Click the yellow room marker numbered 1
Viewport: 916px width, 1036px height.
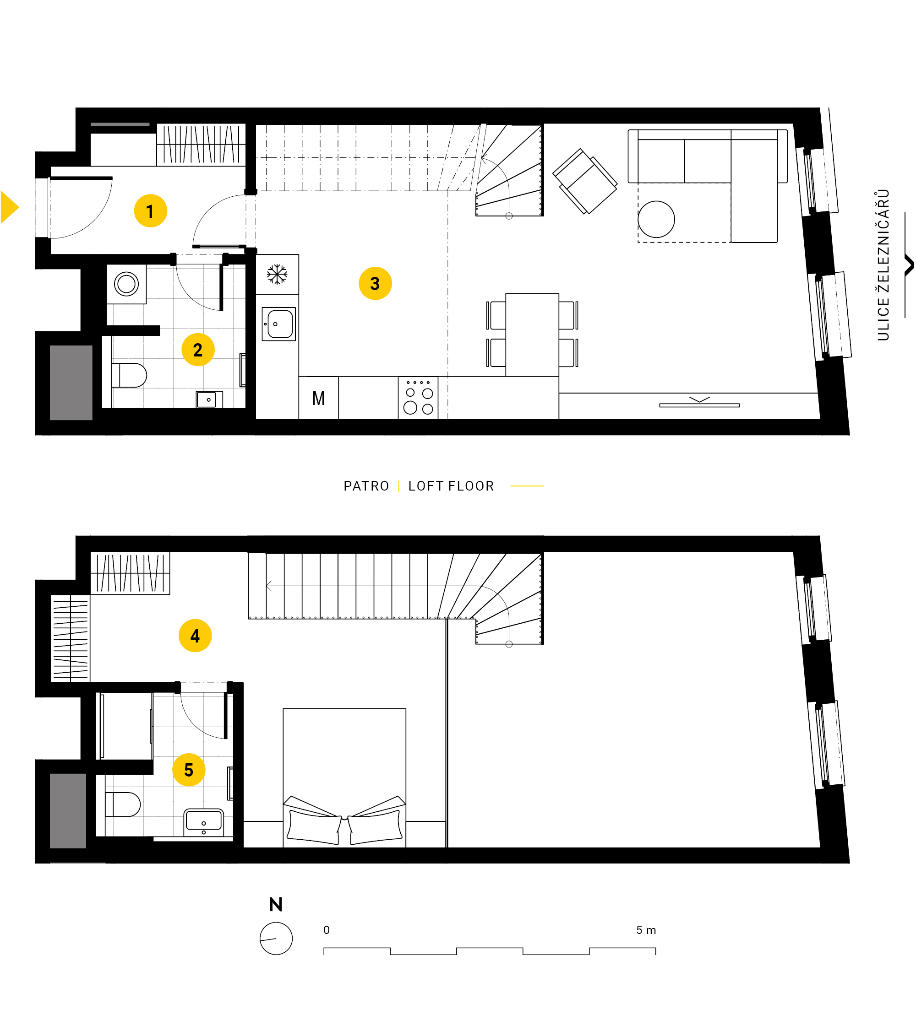point(150,211)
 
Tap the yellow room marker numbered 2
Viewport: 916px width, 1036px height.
point(198,350)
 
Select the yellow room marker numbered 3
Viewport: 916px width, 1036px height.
point(375,283)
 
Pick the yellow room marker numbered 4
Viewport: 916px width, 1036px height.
point(195,636)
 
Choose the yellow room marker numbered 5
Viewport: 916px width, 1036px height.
point(189,770)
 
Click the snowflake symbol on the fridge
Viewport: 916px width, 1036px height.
point(277,274)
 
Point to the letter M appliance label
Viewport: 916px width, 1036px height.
point(318,399)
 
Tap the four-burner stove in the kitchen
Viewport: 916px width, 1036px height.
point(418,398)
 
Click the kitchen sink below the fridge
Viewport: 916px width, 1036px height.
point(278,324)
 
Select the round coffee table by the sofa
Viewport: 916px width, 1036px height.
point(656,220)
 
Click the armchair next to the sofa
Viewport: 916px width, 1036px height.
point(585,181)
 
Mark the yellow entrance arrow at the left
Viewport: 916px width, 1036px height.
point(10,207)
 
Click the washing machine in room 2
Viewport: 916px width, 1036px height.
point(126,284)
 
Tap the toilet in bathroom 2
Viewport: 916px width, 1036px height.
point(129,375)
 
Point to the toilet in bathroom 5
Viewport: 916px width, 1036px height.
point(123,804)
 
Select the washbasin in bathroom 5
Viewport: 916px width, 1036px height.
point(203,822)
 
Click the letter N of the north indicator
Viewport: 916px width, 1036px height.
point(276,904)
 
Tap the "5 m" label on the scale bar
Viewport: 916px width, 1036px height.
point(646,930)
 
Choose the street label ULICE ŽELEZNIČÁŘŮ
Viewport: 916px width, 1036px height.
point(883,264)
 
